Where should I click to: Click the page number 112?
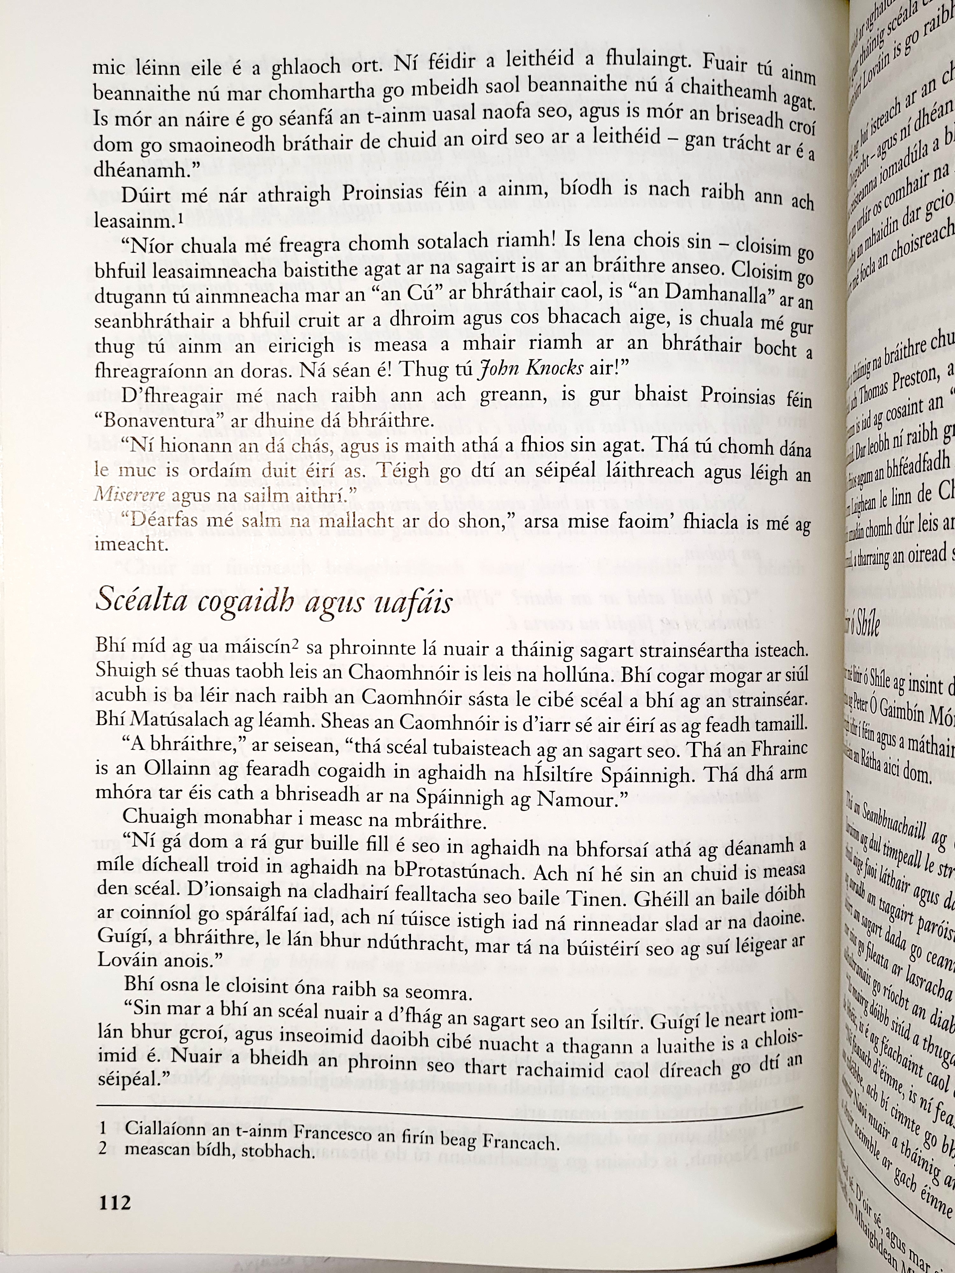[115, 1202]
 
